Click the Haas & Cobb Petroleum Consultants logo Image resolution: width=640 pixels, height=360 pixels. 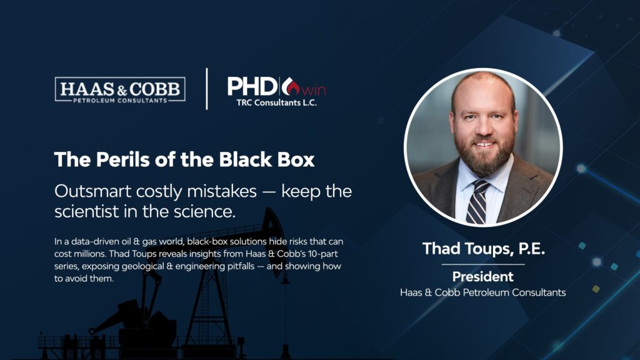120,89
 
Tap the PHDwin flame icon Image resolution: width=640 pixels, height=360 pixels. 291,86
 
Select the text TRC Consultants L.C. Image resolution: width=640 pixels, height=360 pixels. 276,103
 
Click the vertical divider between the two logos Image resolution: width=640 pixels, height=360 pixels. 207,89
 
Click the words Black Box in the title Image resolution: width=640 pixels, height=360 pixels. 266,159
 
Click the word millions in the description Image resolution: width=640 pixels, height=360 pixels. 89,254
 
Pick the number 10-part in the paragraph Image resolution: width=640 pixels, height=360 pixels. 323,254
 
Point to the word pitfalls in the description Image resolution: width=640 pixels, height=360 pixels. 238,266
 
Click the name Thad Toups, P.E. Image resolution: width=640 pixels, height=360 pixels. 483,249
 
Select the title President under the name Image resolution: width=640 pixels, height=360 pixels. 483,277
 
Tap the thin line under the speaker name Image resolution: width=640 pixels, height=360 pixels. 483,264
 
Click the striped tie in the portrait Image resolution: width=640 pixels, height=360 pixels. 477,202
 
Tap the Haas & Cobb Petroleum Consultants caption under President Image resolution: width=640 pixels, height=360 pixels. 483,292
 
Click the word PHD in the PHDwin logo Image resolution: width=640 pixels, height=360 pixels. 252,86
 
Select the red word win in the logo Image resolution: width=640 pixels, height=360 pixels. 314,90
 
